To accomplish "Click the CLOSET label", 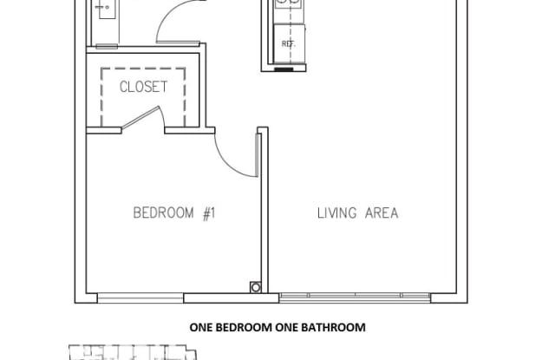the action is pos(143,87).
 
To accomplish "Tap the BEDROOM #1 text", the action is pos(174,213).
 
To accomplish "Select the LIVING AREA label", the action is pos(358,213).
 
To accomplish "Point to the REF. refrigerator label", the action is pos(289,44).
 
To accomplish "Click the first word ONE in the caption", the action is pos(201,327).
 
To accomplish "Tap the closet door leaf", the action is pos(140,117).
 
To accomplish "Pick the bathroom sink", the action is pos(107,9).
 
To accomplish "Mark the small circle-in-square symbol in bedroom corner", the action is pos(256,287).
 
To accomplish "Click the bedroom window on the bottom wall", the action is pos(140,298).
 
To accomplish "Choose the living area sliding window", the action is pos(355,298).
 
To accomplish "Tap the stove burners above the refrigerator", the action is pos(289,3).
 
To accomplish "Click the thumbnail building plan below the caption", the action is pos(133,352).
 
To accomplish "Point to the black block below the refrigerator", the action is pos(284,69).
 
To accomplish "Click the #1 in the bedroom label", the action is pos(209,213).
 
